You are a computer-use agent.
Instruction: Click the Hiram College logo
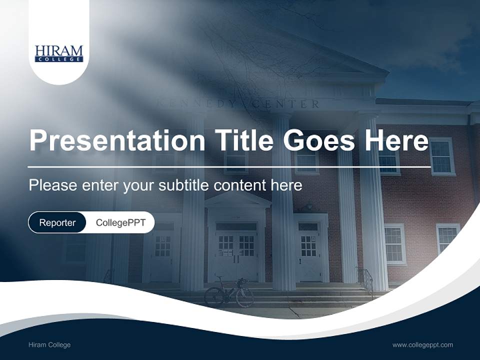(59, 53)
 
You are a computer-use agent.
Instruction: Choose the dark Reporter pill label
(57, 222)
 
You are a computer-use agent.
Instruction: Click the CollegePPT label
(120, 222)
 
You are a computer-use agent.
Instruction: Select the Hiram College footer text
(49, 345)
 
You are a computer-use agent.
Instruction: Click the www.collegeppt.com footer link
(422, 345)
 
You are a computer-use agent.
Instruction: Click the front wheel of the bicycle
(244, 297)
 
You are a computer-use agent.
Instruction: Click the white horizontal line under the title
(229, 166)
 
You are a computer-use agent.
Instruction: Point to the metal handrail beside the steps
(366, 280)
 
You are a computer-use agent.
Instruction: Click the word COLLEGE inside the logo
(59, 59)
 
